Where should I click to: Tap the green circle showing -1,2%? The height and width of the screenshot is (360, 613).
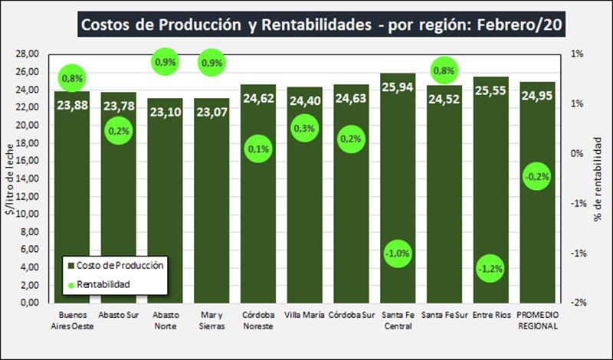pyautogui.click(x=490, y=269)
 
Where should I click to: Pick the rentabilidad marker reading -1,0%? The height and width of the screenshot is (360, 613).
pyautogui.click(x=398, y=253)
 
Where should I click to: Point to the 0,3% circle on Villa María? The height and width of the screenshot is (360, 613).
pyautogui.click(x=305, y=129)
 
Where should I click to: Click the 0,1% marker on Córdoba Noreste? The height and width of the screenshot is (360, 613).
pyautogui.click(x=258, y=149)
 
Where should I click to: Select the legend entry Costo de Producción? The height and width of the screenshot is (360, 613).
pyautogui.click(x=123, y=265)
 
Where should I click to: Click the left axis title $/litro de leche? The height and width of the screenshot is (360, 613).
pyautogui.click(x=9, y=178)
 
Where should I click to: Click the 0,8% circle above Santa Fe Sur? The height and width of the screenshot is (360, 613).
pyautogui.click(x=444, y=71)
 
